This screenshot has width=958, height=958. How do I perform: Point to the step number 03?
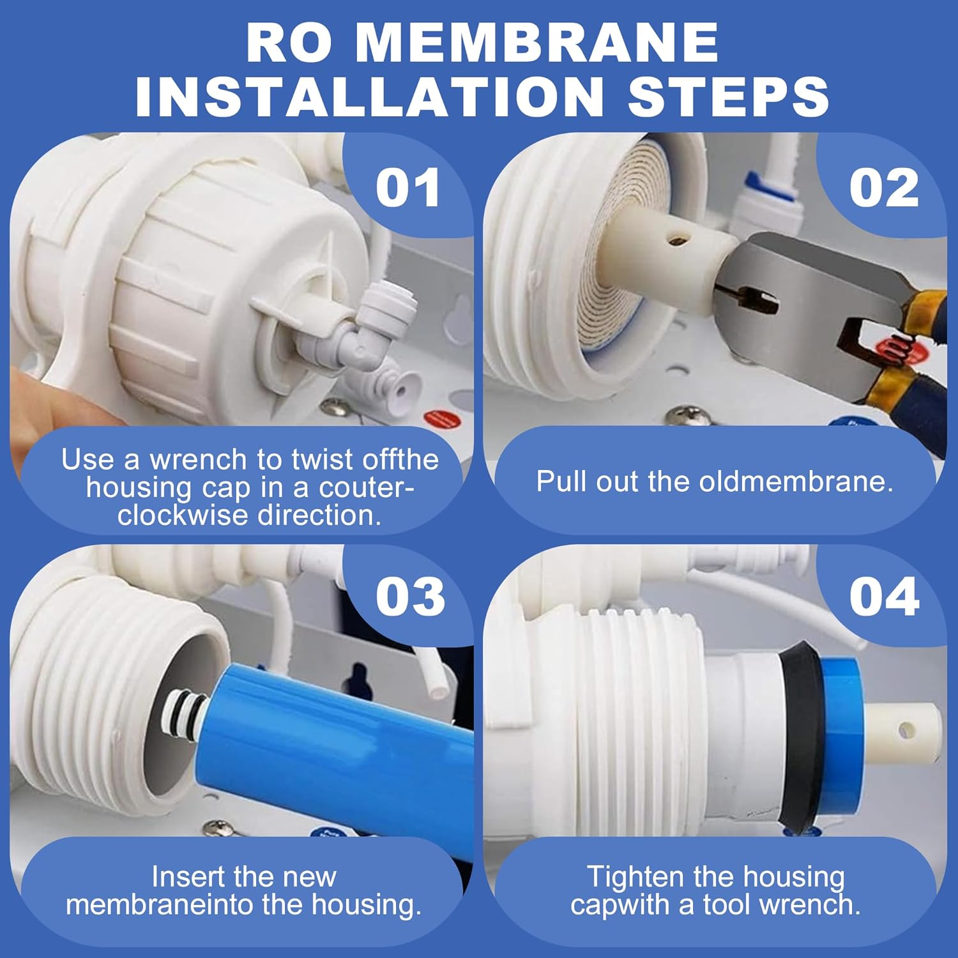tap(410, 597)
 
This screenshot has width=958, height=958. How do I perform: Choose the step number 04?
tap(884, 597)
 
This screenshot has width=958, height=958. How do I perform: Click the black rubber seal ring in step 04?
tap(798, 734)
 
